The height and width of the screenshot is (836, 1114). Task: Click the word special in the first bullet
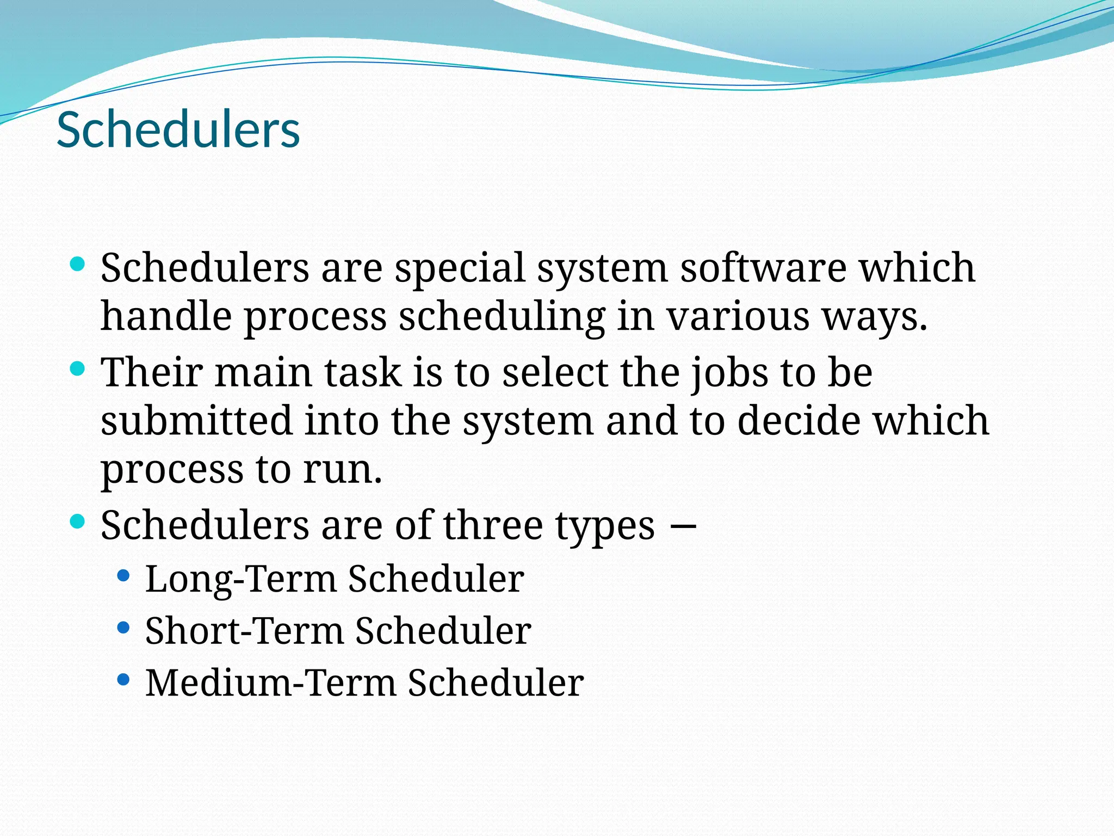pyautogui.click(x=460, y=268)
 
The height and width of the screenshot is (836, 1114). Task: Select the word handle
pyautogui.click(x=166, y=316)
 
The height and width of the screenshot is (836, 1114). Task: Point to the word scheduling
pyautogui.click(x=502, y=317)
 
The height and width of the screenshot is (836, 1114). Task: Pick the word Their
pyautogui.click(x=152, y=373)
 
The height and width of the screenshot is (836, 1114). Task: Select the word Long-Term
pyautogui.click(x=241, y=579)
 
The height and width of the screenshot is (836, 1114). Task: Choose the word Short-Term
pyautogui.click(x=244, y=631)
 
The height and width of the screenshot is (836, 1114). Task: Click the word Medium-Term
pyautogui.click(x=270, y=683)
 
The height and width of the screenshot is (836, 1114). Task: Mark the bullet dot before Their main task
pyautogui.click(x=78, y=370)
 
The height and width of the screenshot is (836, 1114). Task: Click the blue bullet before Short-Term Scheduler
pyautogui.click(x=123, y=628)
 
